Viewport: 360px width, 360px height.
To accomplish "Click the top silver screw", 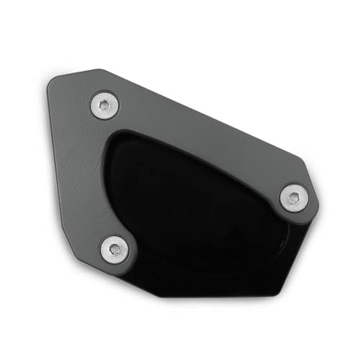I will [105, 106].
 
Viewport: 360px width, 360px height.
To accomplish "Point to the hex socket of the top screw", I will [105, 106].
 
